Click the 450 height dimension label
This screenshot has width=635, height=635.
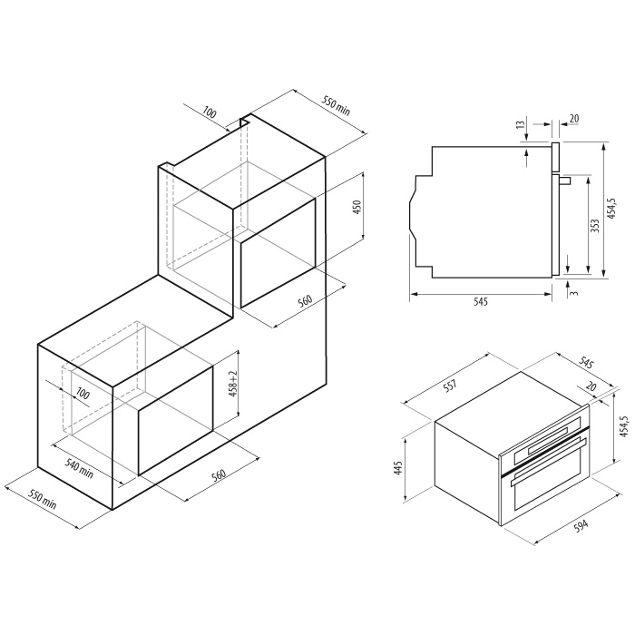click(357, 207)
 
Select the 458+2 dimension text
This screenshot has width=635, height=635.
click(233, 383)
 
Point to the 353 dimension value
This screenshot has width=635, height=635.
click(594, 226)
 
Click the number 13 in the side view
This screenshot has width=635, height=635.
click(521, 124)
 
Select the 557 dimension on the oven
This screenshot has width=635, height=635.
click(450, 385)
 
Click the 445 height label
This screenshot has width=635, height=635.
click(398, 468)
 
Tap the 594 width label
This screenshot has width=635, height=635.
click(581, 525)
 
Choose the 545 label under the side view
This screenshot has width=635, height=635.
click(480, 302)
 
